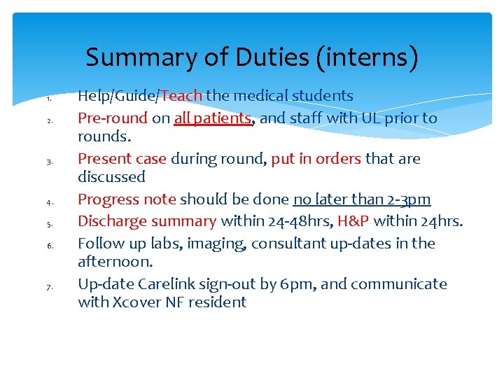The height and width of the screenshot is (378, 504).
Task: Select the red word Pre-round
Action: (113, 118)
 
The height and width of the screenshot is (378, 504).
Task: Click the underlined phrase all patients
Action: (212, 118)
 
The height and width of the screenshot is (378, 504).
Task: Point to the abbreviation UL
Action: (371, 118)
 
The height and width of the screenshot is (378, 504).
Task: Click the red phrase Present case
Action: (122, 159)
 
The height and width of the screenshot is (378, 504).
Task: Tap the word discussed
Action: (111, 177)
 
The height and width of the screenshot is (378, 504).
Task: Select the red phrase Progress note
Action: (127, 199)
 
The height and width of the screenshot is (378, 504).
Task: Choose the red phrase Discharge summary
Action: (147, 221)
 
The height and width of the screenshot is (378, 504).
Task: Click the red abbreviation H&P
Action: (353, 221)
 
